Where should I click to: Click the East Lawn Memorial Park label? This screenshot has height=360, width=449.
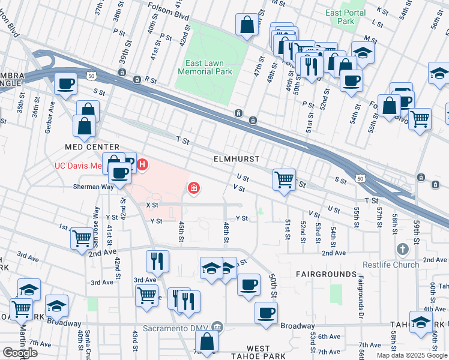[x=205, y=67]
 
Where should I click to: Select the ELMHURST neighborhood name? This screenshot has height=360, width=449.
[x=237, y=159]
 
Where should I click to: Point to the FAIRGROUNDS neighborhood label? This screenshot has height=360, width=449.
[x=326, y=274]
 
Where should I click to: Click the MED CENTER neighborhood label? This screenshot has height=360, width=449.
[x=92, y=147]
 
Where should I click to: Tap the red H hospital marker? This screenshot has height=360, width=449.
[x=142, y=163]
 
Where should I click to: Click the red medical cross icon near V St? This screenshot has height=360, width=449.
[x=194, y=188]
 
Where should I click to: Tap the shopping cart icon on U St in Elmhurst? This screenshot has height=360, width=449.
[x=283, y=178]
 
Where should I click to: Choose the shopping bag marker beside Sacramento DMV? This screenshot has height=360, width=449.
[x=206, y=342]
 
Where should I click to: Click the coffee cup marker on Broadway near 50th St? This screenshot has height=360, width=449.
[x=266, y=312]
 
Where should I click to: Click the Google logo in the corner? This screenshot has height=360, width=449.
[x=20, y=353]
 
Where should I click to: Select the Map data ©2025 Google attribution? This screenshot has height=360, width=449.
[x=411, y=355]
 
